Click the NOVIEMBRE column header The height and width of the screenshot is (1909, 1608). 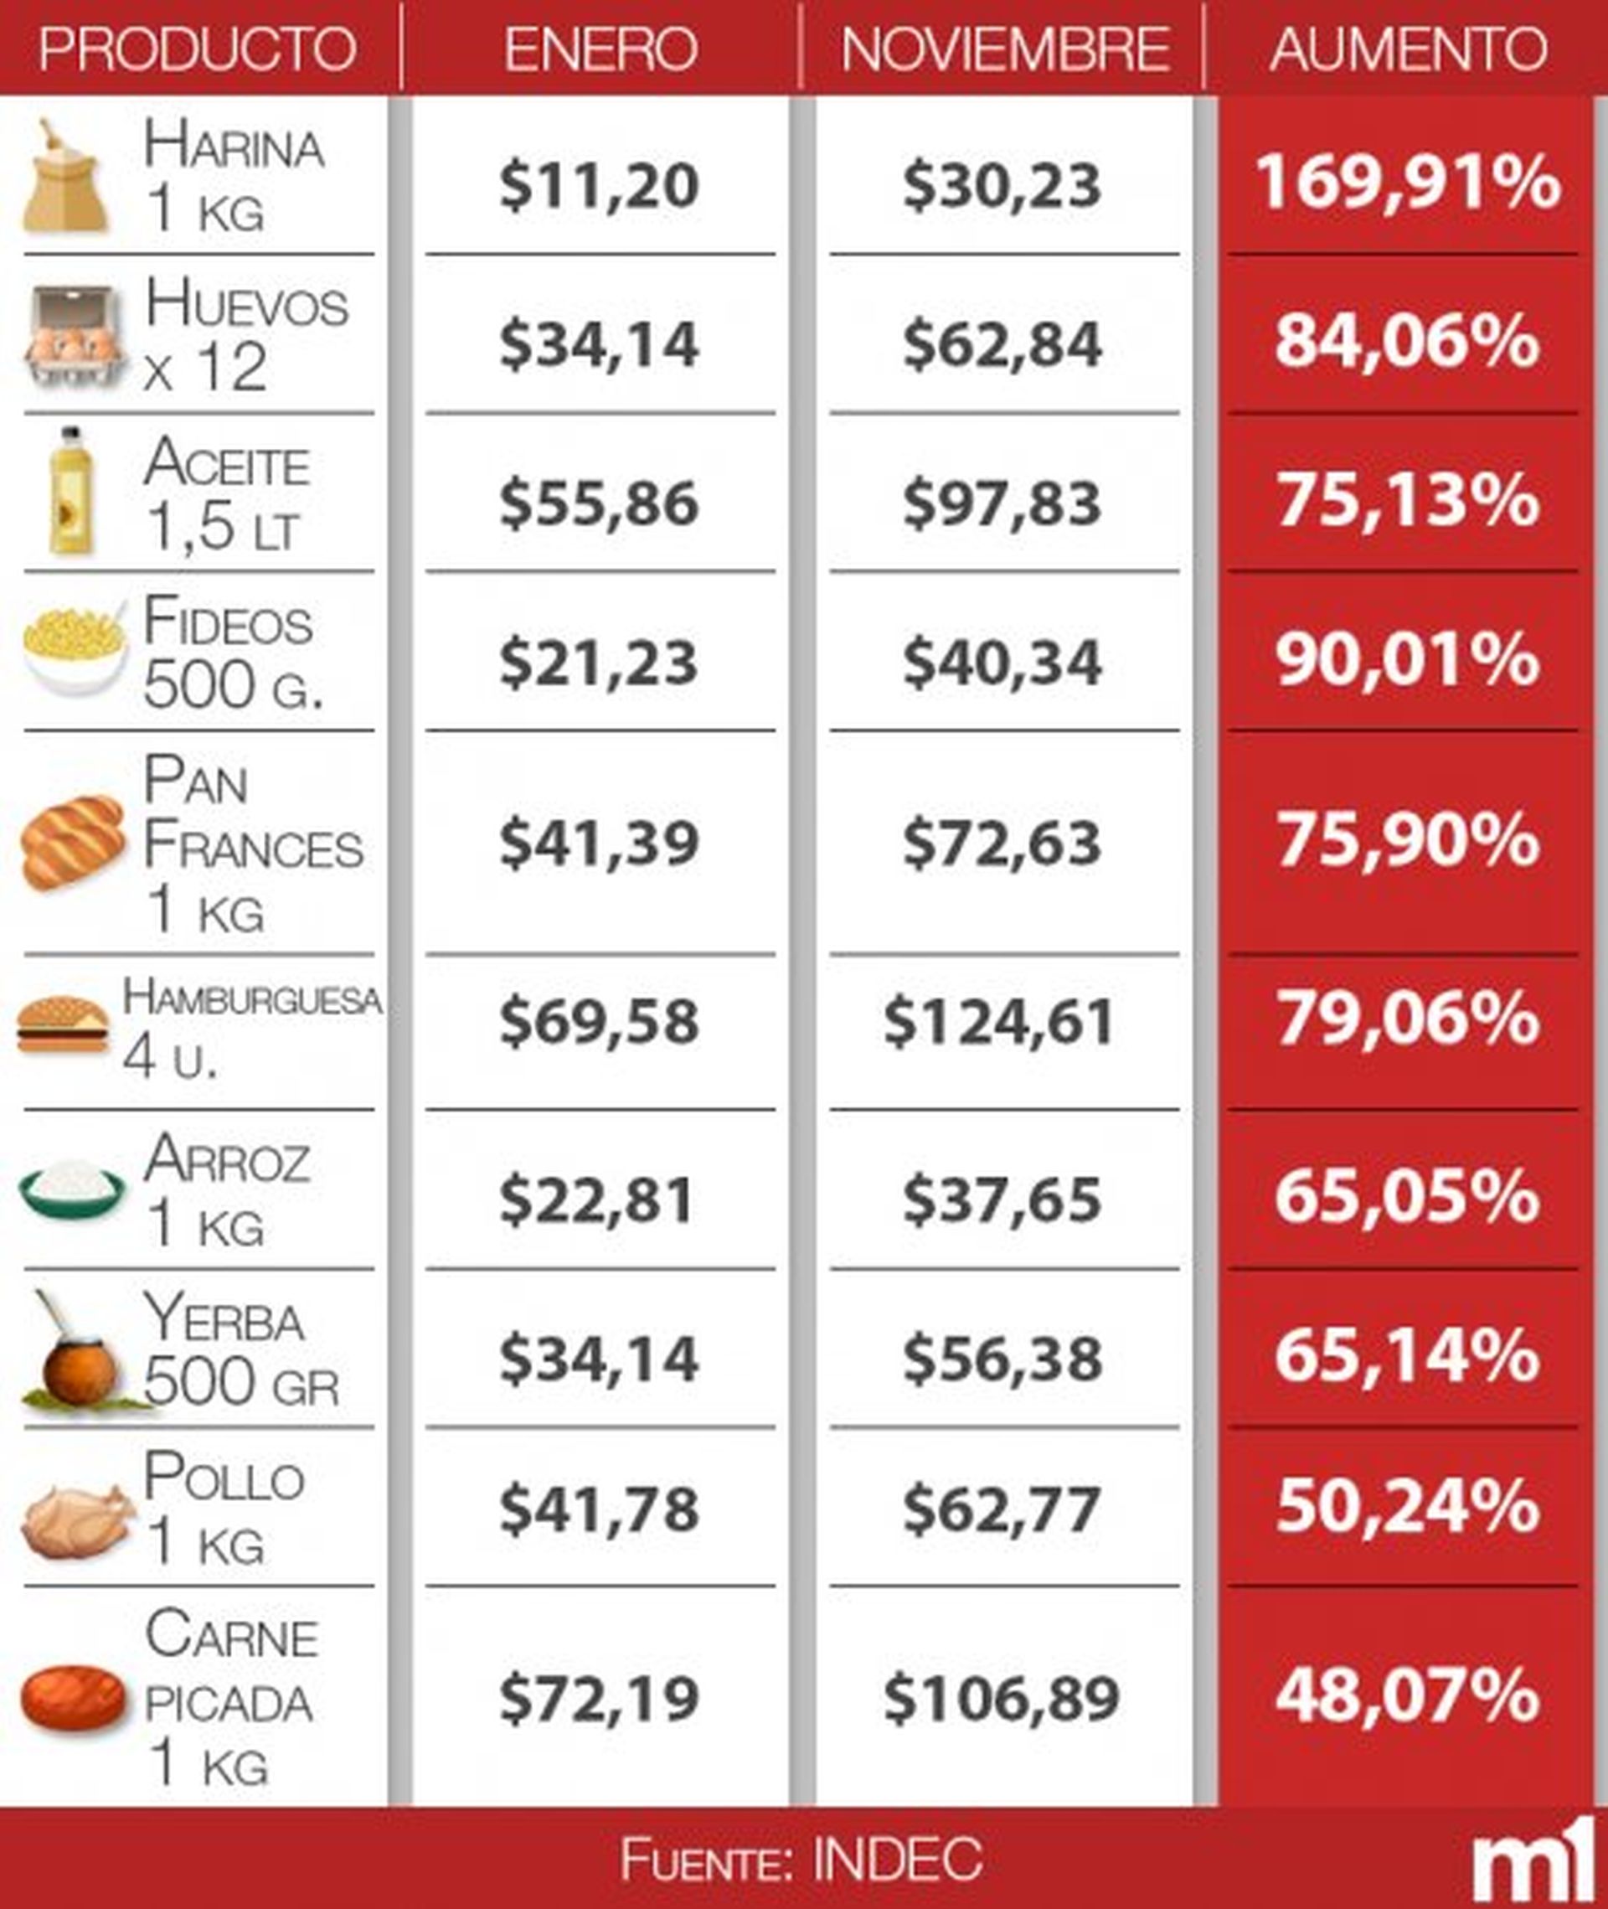pyautogui.click(x=1003, y=49)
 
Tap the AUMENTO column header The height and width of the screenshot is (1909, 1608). pyautogui.click(x=1408, y=49)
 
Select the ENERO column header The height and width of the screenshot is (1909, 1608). pyautogui.click(x=600, y=49)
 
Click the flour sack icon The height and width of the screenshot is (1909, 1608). pyautogui.click(x=64, y=177)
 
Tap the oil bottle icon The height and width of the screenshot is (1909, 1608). pyautogui.click(x=70, y=492)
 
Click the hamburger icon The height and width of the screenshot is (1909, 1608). pyautogui.click(x=63, y=1024)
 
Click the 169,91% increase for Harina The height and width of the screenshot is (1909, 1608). pyautogui.click(x=1408, y=183)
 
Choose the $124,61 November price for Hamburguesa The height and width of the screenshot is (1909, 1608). pyautogui.click(x=1000, y=1021)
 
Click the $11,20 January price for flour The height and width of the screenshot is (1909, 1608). pyautogui.click(x=599, y=185)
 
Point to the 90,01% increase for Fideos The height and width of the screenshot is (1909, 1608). pyautogui.click(x=1408, y=660)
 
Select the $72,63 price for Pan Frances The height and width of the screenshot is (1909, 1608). pyautogui.click(x=1002, y=843)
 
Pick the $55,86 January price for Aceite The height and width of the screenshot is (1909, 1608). pyautogui.click(x=599, y=503)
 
